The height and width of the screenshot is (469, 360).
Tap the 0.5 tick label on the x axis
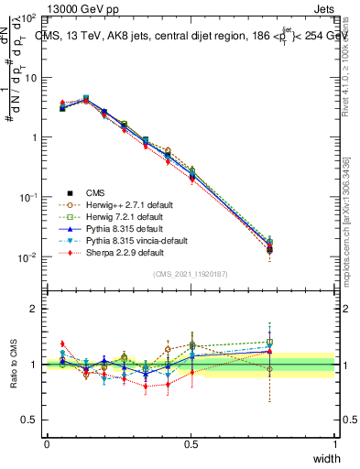pos(191,444)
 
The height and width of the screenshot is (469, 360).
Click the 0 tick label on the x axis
pos(47,444)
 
